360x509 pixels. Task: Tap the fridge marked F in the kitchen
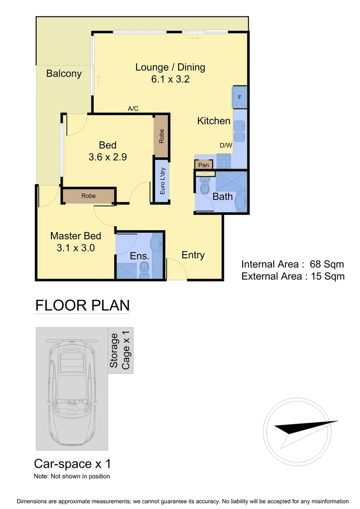pyautogui.click(x=239, y=97)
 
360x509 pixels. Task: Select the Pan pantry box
pyautogui.click(x=204, y=165)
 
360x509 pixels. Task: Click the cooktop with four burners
pyautogui.click(x=224, y=162)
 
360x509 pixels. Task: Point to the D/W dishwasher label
pyautogui.click(x=225, y=146)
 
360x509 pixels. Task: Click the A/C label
pyautogui.click(x=133, y=109)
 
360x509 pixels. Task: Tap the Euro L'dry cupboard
pyautogui.click(x=162, y=181)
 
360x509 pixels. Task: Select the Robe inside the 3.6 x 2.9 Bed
pyautogui.click(x=161, y=136)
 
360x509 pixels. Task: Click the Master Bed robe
pyautogui.click(x=88, y=196)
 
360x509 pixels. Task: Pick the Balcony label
pyautogui.click(x=64, y=74)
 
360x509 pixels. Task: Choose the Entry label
pyautogui.click(x=193, y=255)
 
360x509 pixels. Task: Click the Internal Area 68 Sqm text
pyautogui.click(x=292, y=264)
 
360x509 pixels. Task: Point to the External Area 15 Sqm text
pyautogui.click(x=293, y=276)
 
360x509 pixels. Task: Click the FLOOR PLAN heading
pyautogui.click(x=82, y=305)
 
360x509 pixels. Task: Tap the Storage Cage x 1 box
pyautogui.click(x=120, y=350)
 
